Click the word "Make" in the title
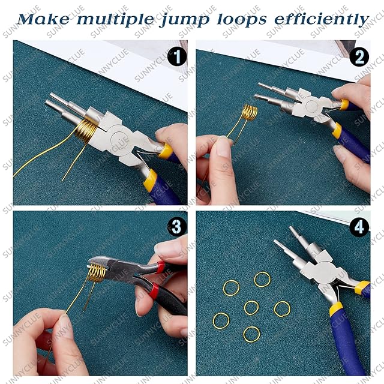44,19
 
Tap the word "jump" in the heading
184,20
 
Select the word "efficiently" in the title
322,19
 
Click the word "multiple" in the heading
115,20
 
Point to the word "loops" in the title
241,20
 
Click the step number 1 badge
177,57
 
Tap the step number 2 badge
359,57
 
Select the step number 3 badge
177,227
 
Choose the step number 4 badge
359,227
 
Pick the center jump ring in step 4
251,308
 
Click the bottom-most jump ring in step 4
251,335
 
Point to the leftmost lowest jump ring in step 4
221,321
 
